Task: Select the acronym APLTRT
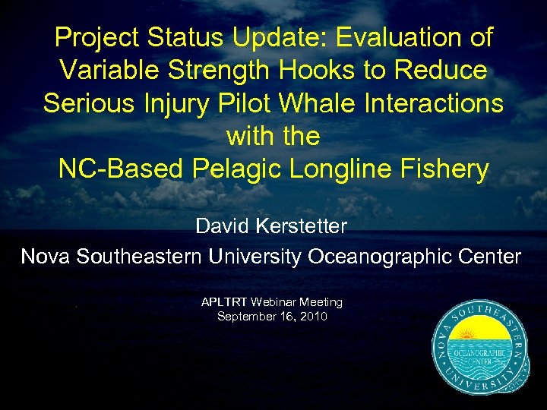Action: [x=225, y=302]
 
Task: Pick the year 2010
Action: [x=312, y=316]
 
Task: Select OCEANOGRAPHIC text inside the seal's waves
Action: [x=479, y=353]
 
